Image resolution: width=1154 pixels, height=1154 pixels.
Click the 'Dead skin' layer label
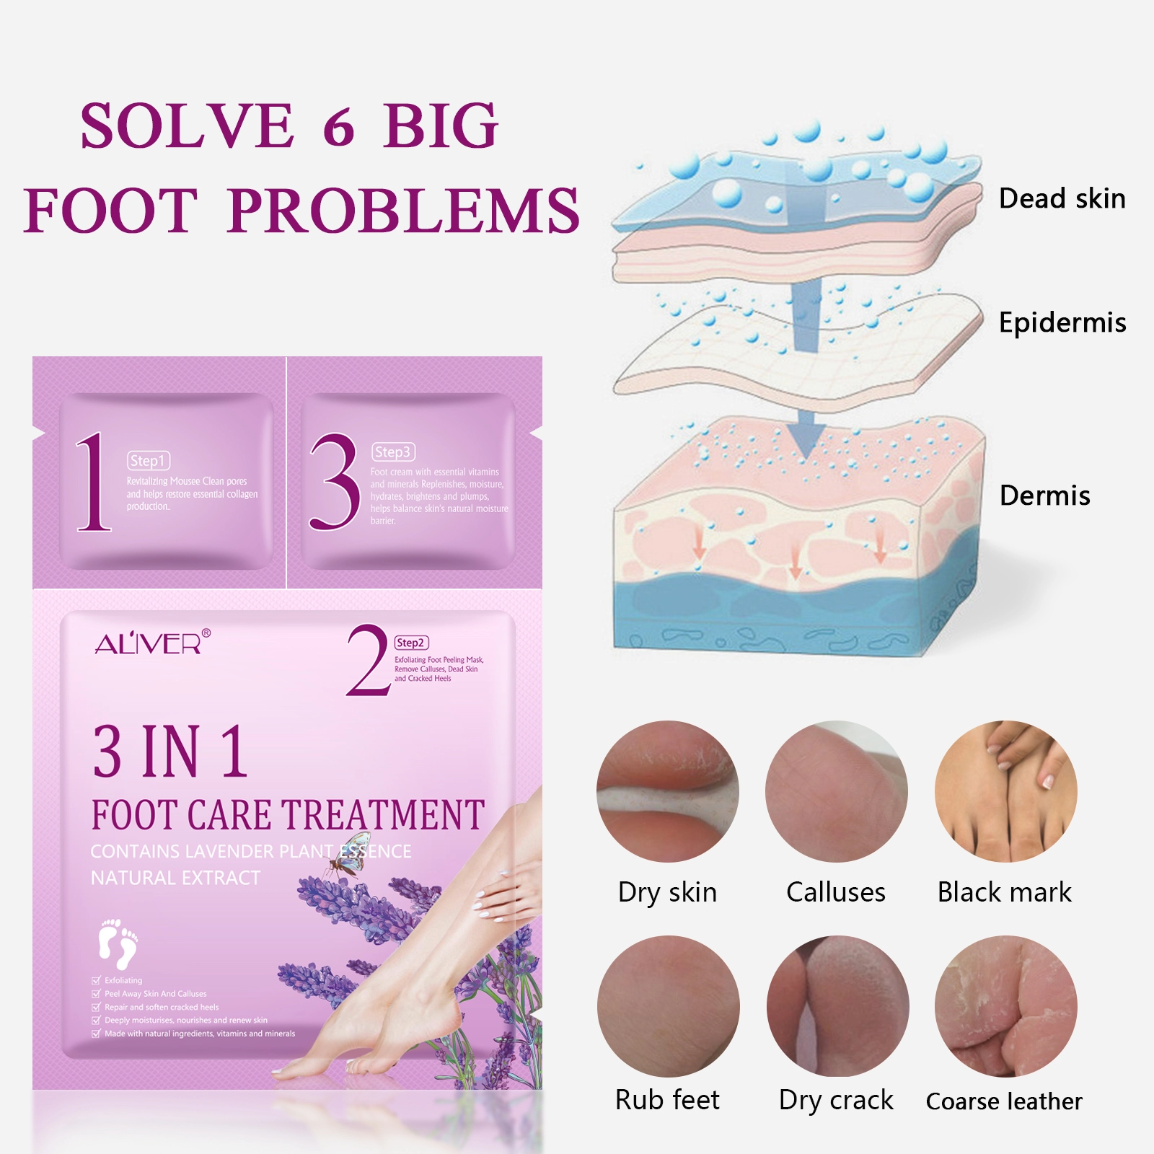coord(1062,198)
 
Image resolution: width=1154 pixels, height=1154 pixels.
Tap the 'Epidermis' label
coord(1062,322)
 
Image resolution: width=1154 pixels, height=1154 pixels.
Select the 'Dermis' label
coord(1044,495)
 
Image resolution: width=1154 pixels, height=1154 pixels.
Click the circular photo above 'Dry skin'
coord(667,791)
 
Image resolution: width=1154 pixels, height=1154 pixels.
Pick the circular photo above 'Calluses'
coord(836,791)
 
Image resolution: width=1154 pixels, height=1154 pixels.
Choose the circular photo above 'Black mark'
coord(1005,791)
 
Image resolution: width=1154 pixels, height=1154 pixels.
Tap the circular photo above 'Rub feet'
coord(668,1006)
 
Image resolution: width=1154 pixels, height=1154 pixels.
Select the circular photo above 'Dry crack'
coord(837,1006)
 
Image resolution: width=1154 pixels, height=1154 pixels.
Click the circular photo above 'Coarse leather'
coord(1005,1006)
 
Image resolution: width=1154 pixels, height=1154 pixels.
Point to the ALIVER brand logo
coord(152,642)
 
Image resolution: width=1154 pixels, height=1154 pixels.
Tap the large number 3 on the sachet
coord(334,482)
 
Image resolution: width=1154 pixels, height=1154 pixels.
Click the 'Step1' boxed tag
coord(149,460)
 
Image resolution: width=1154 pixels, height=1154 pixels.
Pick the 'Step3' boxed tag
coord(393,452)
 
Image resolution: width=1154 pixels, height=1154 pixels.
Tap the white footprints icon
coord(118,943)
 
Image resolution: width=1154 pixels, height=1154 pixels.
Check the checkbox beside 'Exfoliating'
coord(96,980)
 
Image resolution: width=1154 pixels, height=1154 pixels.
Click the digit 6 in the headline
coord(338,127)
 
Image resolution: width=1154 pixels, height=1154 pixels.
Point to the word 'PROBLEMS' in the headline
coord(403,211)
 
